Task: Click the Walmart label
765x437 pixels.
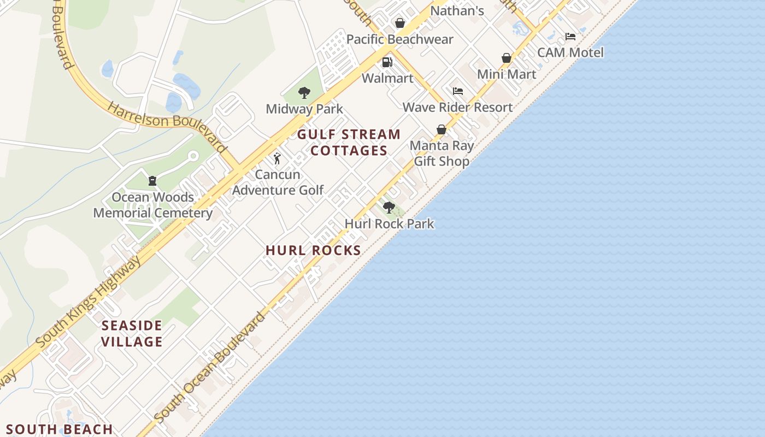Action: click(387, 78)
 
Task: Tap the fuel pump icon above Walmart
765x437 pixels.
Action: click(387, 62)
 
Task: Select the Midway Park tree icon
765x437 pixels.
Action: click(304, 93)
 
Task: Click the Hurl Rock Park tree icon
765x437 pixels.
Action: click(389, 208)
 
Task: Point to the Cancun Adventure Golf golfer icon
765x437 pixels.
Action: click(277, 158)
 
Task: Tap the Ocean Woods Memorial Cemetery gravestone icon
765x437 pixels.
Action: click(152, 180)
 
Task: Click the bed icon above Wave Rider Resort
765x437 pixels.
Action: click(458, 91)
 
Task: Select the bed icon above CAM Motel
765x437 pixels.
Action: click(570, 37)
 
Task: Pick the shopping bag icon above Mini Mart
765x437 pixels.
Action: click(507, 58)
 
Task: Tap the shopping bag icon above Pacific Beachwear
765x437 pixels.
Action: click(400, 23)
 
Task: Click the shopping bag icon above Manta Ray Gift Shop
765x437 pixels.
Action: click(442, 129)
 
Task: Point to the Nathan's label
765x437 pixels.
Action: click(457, 11)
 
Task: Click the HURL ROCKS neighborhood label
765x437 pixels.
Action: click(313, 251)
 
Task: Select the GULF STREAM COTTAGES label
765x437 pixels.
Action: click(349, 143)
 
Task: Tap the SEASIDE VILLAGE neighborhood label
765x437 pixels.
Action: click(132, 334)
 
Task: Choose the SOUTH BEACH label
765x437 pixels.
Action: click(59, 429)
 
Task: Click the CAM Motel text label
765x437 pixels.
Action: click(570, 53)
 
